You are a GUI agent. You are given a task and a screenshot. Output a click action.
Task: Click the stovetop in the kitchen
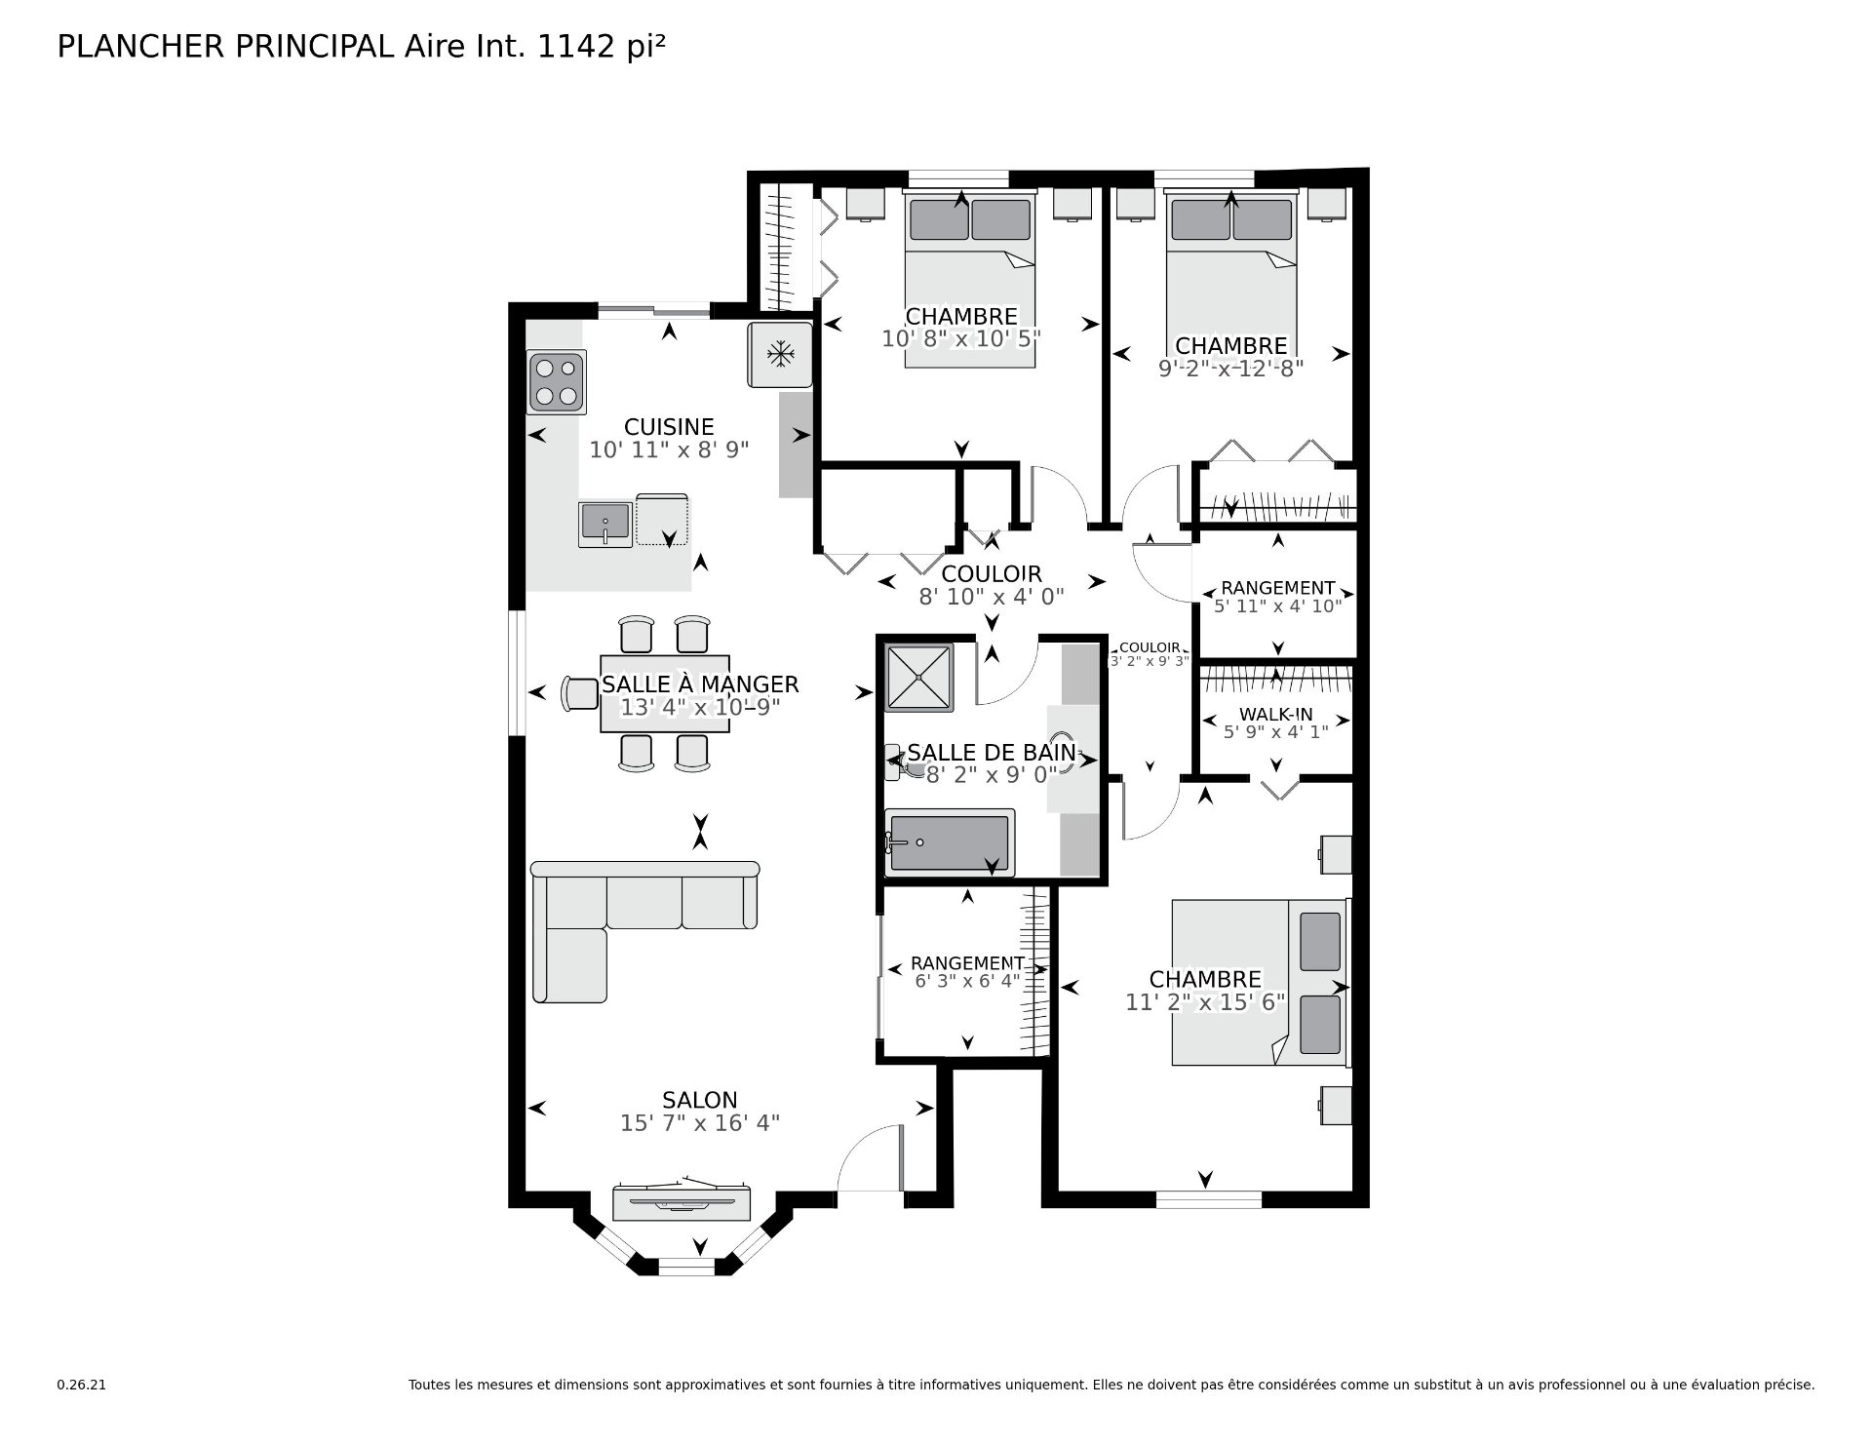[557, 382]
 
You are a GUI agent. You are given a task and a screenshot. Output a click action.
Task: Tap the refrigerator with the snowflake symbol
[780, 354]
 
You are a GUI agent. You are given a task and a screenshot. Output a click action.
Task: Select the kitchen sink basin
[604, 524]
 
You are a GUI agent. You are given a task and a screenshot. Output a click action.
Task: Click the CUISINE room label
[669, 427]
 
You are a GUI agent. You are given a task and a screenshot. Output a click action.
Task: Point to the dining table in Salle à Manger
[665, 693]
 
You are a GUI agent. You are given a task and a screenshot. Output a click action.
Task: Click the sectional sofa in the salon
[644, 931]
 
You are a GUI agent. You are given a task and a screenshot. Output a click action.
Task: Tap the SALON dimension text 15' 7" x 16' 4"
[700, 1123]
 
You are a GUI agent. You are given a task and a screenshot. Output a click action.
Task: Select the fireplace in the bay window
[682, 1201]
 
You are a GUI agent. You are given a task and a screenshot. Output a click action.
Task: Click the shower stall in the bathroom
[917, 677]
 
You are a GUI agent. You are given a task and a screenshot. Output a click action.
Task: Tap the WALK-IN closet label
[1275, 715]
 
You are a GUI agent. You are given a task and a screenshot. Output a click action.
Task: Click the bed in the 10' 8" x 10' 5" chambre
[970, 279]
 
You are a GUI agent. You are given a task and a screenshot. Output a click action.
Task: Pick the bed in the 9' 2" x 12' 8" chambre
[1231, 279]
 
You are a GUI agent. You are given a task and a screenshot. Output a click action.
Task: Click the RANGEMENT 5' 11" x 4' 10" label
[1277, 596]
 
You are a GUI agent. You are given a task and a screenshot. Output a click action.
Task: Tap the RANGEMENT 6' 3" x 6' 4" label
[967, 971]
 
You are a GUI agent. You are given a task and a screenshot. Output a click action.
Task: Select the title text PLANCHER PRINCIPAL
[226, 47]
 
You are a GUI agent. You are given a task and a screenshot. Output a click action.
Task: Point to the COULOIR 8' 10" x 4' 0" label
[992, 585]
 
